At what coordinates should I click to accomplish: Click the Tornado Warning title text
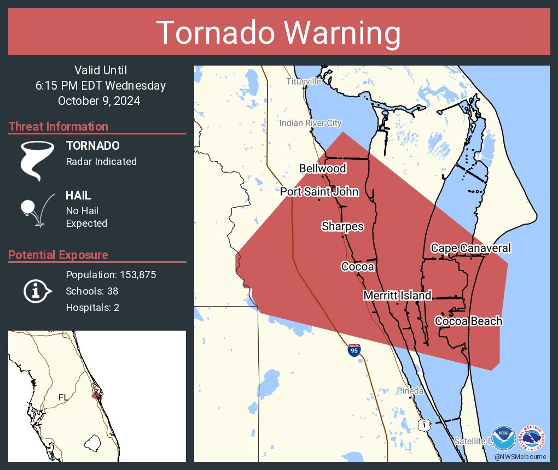pyautogui.click(x=278, y=33)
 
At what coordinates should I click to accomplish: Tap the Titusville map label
pyautogui.click(x=303, y=81)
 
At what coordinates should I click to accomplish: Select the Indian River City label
pyautogui.click(x=310, y=124)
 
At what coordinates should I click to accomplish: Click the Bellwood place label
pyautogui.click(x=322, y=168)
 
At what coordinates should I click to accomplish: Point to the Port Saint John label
pyautogui.click(x=319, y=192)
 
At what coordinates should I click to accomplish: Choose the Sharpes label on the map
pyautogui.click(x=342, y=226)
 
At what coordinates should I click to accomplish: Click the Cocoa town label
pyautogui.click(x=357, y=267)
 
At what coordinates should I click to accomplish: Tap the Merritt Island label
pyautogui.click(x=397, y=296)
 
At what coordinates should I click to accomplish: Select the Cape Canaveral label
pyautogui.click(x=470, y=248)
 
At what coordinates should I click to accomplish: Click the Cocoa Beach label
pyautogui.click(x=468, y=321)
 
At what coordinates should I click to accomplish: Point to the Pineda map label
pyautogui.click(x=410, y=391)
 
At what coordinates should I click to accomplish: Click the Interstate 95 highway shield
pyautogui.click(x=354, y=350)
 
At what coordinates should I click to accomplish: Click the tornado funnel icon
pyautogui.click(x=37, y=160)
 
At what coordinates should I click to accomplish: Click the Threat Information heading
pyautogui.click(x=58, y=127)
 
